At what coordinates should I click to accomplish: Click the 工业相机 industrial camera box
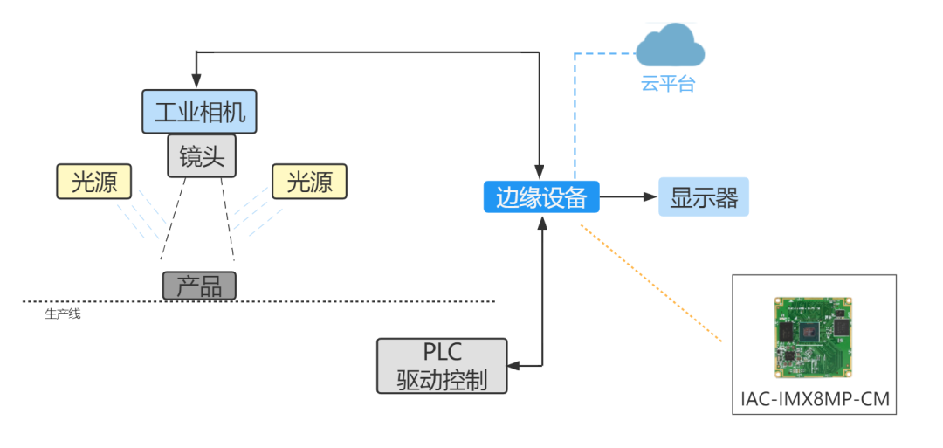tap(199, 112)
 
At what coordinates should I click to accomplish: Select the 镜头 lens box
tap(203, 156)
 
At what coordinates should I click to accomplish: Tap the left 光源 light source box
tap(93, 182)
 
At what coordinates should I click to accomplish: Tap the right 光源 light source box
tap(309, 182)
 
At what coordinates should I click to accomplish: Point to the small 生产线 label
tap(62, 314)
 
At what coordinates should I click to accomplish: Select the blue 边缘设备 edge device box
tap(541, 197)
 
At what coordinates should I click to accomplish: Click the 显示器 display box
tap(704, 197)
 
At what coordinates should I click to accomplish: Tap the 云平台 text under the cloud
tap(669, 85)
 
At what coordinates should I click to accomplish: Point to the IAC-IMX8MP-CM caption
tap(814, 400)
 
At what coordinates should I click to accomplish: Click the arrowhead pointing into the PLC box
tap(513, 363)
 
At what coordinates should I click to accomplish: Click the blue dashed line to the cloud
tap(575, 114)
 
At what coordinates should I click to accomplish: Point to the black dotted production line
tap(349, 301)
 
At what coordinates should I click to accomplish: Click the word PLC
tap(442, 353)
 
